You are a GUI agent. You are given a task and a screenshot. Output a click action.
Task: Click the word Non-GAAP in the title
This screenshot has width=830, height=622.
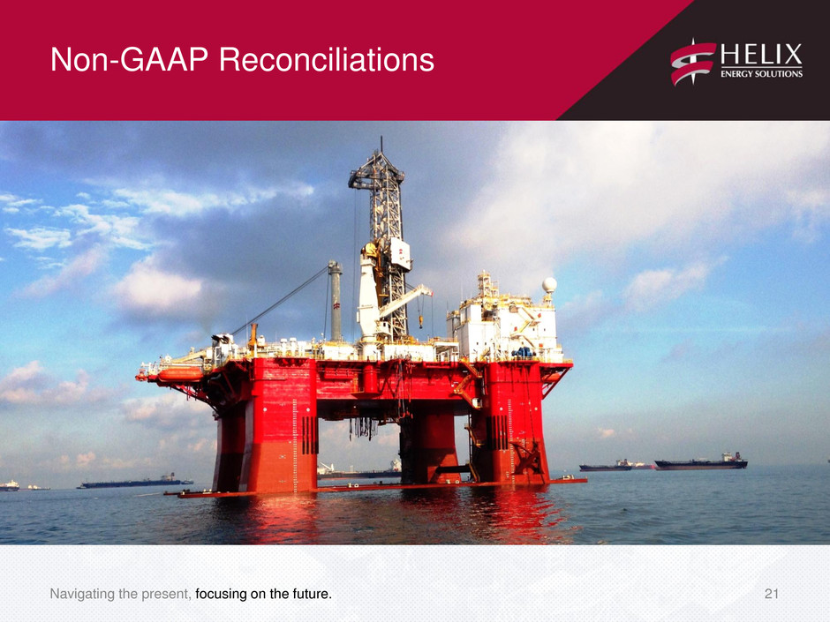[x=130, y=59]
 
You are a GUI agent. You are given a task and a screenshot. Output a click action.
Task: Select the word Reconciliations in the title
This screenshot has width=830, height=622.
[x=327, y=59]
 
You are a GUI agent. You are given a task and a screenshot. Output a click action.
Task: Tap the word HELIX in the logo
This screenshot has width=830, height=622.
[x=761, y=55]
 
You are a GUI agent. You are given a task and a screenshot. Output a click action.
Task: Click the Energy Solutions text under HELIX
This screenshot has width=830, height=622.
[x=761, y=74]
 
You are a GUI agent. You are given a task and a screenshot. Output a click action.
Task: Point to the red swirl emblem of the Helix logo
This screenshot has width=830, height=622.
[x=693, y=63]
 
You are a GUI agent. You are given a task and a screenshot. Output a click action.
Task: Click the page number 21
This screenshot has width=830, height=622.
[x=771, y=594]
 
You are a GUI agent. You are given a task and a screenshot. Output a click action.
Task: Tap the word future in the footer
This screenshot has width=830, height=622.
[x=313, y=594]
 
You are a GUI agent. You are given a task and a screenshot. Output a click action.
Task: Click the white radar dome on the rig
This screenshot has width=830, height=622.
[x=549, y=285]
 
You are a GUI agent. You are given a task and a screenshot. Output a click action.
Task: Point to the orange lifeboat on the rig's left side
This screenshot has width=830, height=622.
[x=180, y=374]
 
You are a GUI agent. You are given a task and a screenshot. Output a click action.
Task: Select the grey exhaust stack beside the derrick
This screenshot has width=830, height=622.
[x=335, y=301]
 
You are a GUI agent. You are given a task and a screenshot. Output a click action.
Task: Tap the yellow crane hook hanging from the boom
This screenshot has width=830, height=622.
[x=421, y=321]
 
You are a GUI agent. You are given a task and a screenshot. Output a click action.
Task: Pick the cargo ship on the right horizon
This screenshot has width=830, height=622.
[x=701, y=463]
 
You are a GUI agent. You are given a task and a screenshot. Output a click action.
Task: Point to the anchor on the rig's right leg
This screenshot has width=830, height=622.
[x=526, y=459]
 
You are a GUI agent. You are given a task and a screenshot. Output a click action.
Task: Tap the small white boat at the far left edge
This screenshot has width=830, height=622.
[x=9, y=485]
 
